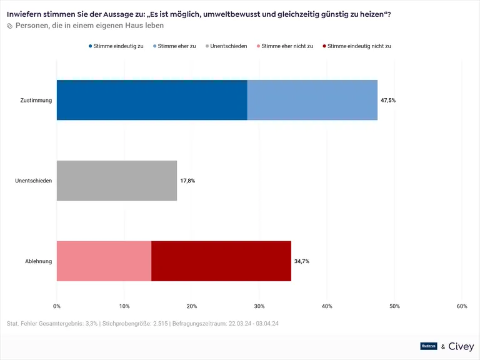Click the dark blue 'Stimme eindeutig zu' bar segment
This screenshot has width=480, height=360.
tap(152, 100)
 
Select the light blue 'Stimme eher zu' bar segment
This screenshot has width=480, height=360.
tap(312, 100)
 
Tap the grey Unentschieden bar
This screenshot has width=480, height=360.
tap(117, 181)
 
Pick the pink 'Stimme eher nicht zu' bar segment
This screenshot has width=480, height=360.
tap(104, 261)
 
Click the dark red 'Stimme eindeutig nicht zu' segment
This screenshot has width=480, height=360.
tap(221, 261)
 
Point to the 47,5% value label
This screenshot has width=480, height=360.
tap(388, 100)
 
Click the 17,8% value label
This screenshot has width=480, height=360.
tap(187, 181)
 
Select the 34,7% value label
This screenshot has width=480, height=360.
tap(302, 261)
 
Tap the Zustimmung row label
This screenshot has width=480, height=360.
tap(36, 100)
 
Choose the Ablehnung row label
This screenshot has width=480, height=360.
tap(38, 261)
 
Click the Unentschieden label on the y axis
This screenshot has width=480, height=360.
tap(33, 181)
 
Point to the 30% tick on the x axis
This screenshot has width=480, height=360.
tap(259, 306)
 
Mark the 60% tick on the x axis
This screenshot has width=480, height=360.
tap(462, 306)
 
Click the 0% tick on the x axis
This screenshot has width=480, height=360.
tap(57, 306)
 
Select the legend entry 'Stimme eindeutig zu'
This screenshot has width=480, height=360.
tap(116, 46)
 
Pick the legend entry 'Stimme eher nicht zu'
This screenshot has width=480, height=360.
tap(284, 46)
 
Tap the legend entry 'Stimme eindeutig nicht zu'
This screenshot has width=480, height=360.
tap(356, 46)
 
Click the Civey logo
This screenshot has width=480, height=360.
tap(462, 346)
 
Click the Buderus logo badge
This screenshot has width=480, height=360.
tap(429, 346)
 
